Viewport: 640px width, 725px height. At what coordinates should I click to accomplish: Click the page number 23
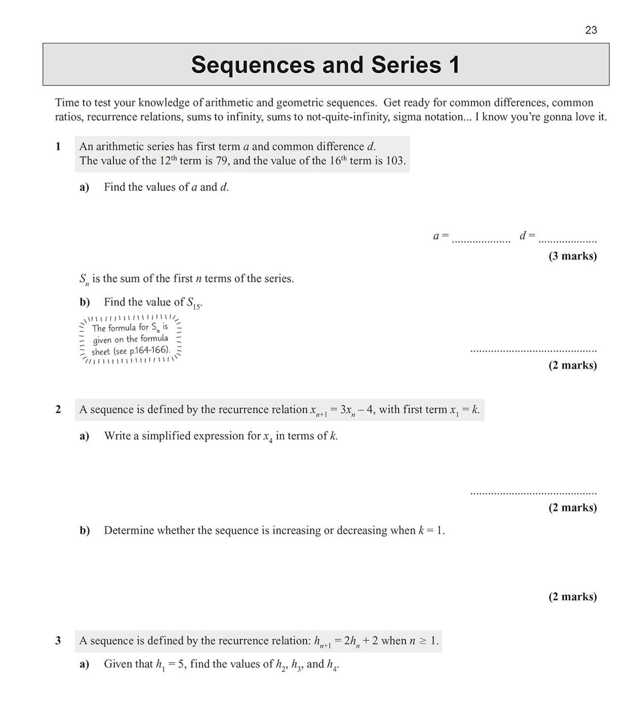click(x=591, y=30)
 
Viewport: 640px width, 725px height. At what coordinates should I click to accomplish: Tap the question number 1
click(x=58, y=146)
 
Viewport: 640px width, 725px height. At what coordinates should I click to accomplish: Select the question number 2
click(x=58, y=409)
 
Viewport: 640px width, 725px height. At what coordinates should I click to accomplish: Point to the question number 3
click(x=58, y=641)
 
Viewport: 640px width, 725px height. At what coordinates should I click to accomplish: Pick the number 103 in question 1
click(x=395, y=161)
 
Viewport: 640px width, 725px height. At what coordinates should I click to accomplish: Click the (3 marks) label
click(x=573, y=256)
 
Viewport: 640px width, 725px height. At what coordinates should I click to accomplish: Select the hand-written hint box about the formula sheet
click(x=131, y=340)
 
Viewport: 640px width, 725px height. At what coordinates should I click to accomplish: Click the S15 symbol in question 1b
click(x=194, y=303)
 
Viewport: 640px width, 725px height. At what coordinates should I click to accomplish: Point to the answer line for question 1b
click(x=533, y=351)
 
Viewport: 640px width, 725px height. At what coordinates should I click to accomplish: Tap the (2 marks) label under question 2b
click(x=573, y=596)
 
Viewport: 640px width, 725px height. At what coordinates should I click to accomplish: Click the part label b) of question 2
click(x=84, y=530)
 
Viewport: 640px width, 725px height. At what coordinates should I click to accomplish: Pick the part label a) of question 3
click(x=84, y=664)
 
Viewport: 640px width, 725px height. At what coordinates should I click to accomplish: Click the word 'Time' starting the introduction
click(x=67, y=103)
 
